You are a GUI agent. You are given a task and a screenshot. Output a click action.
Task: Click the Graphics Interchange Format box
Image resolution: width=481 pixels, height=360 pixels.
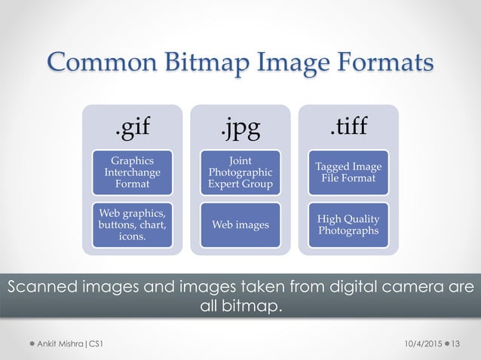pyautogui.click(x=132, y=172)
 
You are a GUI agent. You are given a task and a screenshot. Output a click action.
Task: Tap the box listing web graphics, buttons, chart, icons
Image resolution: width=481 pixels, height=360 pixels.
pyautogui.click(x=132, y=224)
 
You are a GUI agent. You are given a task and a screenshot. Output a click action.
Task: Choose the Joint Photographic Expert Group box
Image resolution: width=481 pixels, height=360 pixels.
pyautogui.click(x=240, y=172)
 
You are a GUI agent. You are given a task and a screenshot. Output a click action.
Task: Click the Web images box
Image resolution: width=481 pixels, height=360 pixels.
pyautogui.click(x=240, y=224)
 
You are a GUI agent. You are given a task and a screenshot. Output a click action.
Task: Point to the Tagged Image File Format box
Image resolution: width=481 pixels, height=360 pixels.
pyautogui.click(x=348, y=172)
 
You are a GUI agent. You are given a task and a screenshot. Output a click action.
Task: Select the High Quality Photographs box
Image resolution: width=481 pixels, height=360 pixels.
pyautogui.click(x=348, y=224)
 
